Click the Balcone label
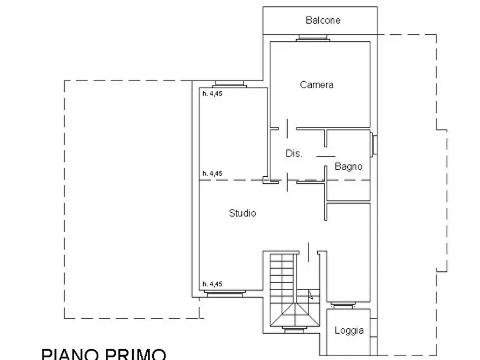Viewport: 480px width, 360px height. (323, 20)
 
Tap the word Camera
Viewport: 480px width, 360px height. (317, 84)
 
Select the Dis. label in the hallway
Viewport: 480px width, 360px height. (293, 153)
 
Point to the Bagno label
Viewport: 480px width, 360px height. (348, 166)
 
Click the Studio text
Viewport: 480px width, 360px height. (242, 213)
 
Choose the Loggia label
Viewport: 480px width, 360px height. (349, 330)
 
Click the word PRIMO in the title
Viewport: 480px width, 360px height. (137, 354)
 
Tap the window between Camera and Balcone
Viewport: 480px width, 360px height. (313, 38)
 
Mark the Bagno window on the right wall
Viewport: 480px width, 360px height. (373, 144)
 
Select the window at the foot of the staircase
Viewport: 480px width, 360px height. (294, 329)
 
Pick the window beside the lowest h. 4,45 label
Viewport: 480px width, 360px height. (224, 294)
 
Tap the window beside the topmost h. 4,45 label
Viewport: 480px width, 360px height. (229, 84)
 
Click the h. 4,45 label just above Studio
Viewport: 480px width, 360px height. (212, 174)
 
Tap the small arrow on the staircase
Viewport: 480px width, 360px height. (311, 294)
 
